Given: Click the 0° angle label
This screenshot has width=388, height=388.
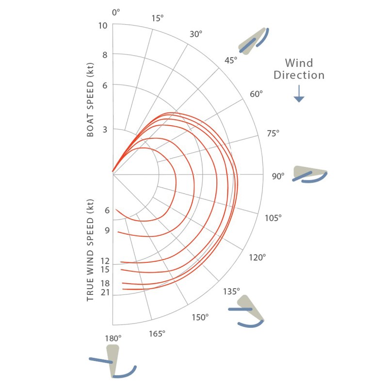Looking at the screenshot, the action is [116, 13].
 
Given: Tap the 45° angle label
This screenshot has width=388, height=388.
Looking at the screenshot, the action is [231, 60].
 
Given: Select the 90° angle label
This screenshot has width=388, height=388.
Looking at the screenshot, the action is [278, 176].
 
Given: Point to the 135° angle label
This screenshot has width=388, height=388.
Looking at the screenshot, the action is [231, 291].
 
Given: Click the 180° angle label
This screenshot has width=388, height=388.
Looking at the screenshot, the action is [113, 338].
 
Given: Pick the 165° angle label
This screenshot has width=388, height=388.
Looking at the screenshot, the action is [157, 334].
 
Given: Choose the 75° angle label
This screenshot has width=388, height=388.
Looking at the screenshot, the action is [273, 133].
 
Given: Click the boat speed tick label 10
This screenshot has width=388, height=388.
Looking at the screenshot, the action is [103, 26].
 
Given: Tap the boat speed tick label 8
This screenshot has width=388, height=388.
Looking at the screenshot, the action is [105, 55].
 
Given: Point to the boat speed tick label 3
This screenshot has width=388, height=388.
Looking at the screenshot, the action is [105, 129].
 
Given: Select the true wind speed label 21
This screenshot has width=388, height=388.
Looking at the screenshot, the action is [105, 292].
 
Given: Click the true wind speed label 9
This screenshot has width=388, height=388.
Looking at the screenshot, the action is [107, 230].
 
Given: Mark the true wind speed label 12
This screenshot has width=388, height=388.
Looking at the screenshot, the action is [105, 261].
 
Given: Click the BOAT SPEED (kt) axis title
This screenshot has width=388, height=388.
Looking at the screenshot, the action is [90, 100].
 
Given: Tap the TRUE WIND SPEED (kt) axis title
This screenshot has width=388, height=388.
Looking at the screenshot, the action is [90, 250].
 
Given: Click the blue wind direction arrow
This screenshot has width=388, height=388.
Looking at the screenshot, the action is [299, 94].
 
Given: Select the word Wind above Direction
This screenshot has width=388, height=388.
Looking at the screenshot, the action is [299, 63].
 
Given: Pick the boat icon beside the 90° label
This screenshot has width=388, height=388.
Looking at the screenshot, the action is [310, 175].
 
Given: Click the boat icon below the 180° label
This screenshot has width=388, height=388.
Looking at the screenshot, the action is [113, 361].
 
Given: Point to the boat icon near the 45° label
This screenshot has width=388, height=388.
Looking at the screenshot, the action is [253, 41].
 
